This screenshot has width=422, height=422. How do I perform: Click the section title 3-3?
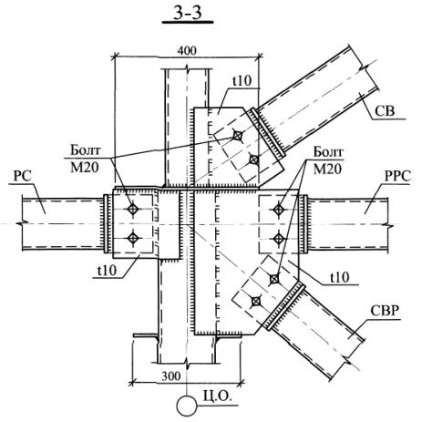(x=188, y=14)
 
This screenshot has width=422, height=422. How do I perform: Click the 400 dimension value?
(x=187, y=51)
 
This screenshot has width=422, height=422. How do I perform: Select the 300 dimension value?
(x=170, y=376)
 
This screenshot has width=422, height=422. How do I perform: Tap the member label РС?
(x=23, y=177)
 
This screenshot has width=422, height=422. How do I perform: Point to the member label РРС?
(x=397, y=177)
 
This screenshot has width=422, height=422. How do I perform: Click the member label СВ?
(x=385, y=111)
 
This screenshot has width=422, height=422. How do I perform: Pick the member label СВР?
(x=385, y=311)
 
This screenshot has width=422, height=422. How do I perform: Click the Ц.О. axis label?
(x=218, y=397)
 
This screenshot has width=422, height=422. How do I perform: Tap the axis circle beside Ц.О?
(x=187, y=406)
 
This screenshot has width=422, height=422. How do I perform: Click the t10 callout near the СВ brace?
(x=242, y=81)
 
